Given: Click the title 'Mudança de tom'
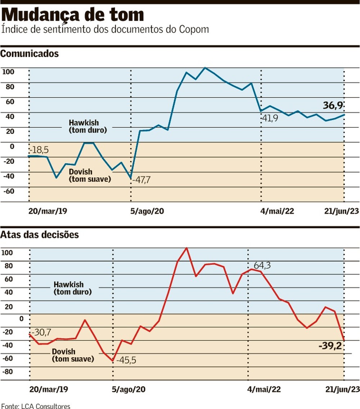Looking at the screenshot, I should point(73,15).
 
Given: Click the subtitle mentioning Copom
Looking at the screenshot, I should point(105,29).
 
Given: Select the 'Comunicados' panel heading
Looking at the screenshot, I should point(30,54).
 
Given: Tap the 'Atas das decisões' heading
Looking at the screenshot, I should point(39,235).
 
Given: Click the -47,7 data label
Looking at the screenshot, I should point(141,180).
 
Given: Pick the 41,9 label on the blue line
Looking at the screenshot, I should point(269,118).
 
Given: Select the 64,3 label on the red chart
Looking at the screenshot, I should point(262,265).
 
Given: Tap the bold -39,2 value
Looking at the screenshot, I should point(330,346).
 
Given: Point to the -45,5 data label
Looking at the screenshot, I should point(126,360).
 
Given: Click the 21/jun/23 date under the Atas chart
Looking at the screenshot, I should point(342,389).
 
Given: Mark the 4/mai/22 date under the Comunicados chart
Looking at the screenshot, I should point(277,211).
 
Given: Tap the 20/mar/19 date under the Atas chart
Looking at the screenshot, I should point(49,389).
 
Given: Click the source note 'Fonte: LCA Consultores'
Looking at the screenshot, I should point(35,406).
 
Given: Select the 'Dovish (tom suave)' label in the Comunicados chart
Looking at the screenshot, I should point(90,176).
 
